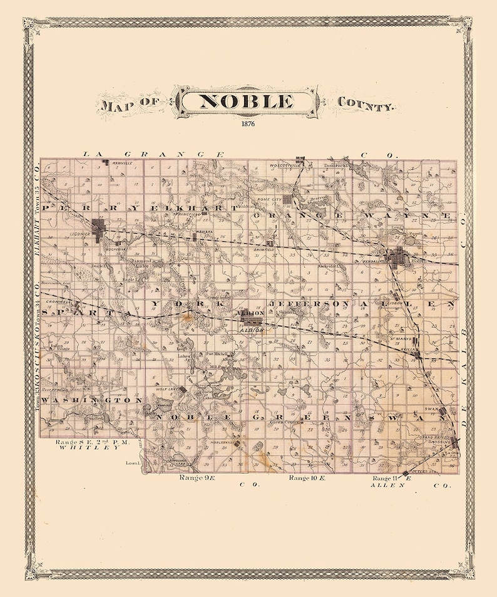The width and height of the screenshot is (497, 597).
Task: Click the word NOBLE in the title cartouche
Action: point(245,101)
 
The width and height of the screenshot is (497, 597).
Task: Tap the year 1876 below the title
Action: point(245,123)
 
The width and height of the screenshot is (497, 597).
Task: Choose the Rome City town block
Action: point(287,200)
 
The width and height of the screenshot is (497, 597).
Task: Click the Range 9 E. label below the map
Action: point(197,478)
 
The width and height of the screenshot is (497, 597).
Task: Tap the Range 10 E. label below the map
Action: point(307,478)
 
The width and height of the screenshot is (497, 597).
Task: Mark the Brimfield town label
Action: point(264,249)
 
